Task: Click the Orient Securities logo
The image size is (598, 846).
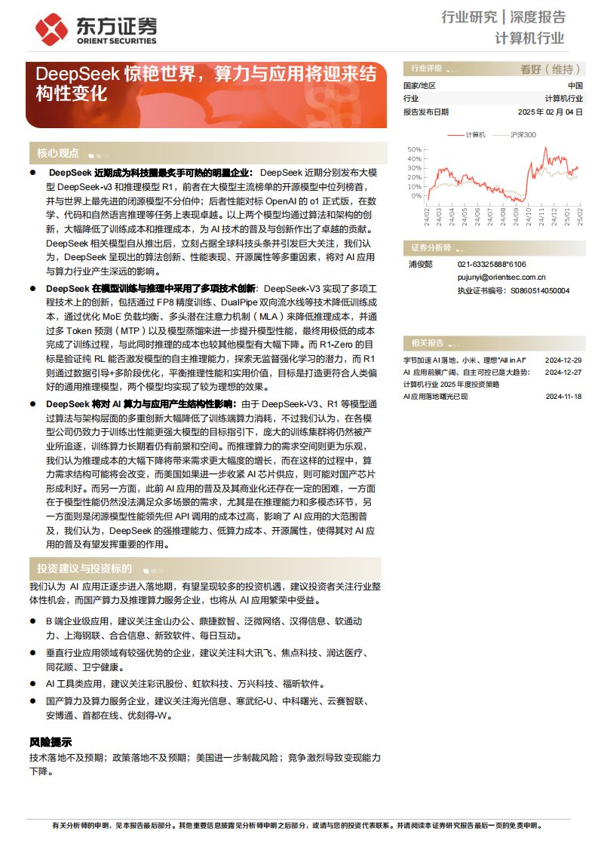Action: tap(96, 28)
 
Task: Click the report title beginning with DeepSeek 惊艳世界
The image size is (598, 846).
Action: tap(204, 84)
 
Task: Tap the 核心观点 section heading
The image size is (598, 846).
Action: tap(58, 153)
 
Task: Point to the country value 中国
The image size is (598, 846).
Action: tap(575, 85)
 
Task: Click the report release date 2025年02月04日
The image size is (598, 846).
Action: tap(550, 112)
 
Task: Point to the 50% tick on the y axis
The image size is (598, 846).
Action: tap(414, 149)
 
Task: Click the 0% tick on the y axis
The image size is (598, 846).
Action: tap(416, 195)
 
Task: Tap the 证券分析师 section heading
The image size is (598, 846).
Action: tap(431, 248)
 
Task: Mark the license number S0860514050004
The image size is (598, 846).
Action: tap(540, 290)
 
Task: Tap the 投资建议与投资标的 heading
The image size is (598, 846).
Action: tap(84, 569)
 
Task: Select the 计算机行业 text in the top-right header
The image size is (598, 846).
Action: tap(529, 38)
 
